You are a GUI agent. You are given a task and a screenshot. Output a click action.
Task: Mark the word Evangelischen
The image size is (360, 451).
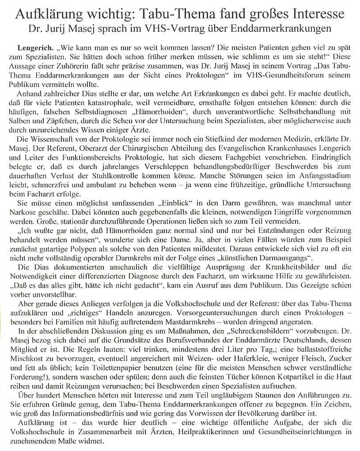coord(223,148)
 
